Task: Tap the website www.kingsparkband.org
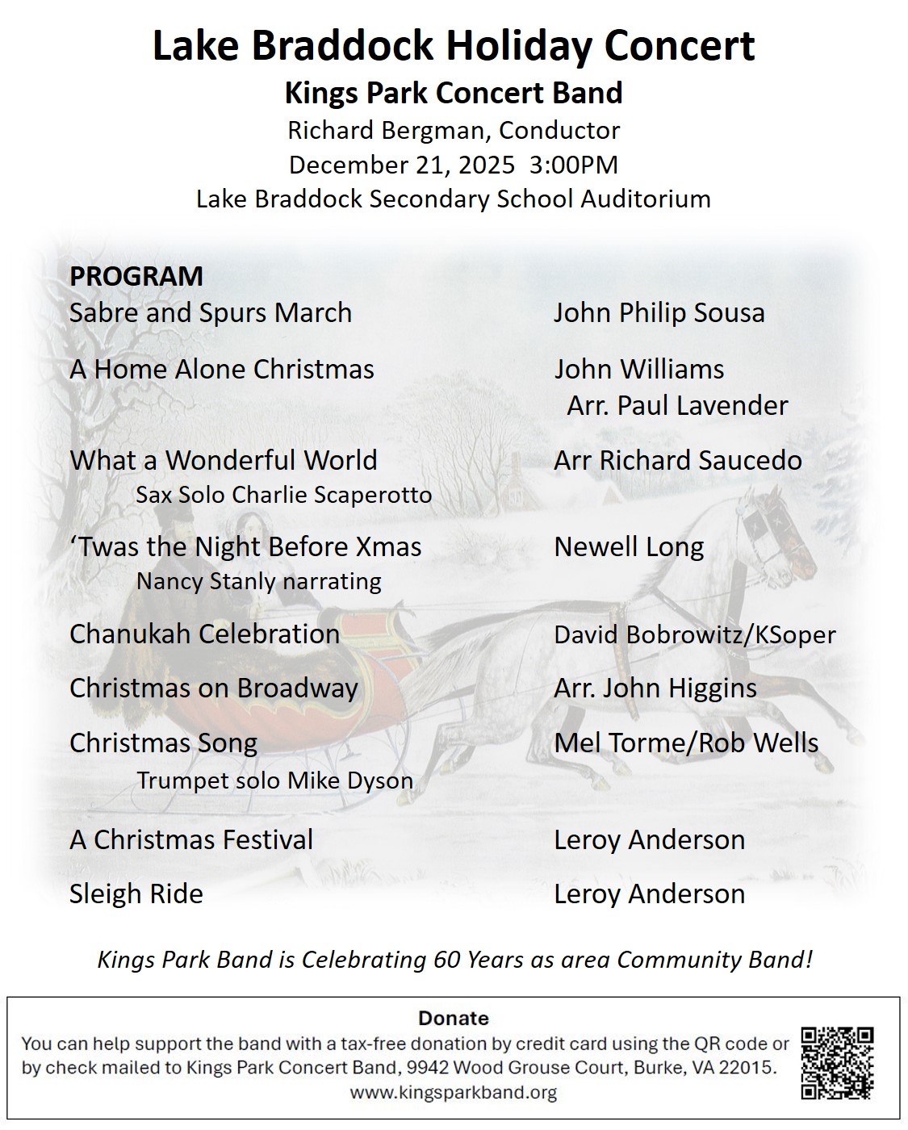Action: [x=454, y=1093]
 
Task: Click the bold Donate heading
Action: [x=454, y=1018]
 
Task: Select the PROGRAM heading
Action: [x=136, y=276]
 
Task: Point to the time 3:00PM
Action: [x=574, y=165]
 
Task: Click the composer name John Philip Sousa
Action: [x=659, y=313]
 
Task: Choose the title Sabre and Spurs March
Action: [x=211, y=313]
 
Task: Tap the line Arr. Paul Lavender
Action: [x=677, y=405]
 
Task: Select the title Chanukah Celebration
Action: [x=204, y=634]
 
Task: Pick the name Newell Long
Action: [x=629, y=547]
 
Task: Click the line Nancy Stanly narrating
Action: [x=258, y=581]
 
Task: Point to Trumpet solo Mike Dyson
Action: [x=274, y=781]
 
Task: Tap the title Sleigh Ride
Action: [x=136, y=894]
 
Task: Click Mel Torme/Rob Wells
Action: [x=686, y=743]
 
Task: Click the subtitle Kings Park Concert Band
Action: [x=454, y=93]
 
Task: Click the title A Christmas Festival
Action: [x=191, y=840]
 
